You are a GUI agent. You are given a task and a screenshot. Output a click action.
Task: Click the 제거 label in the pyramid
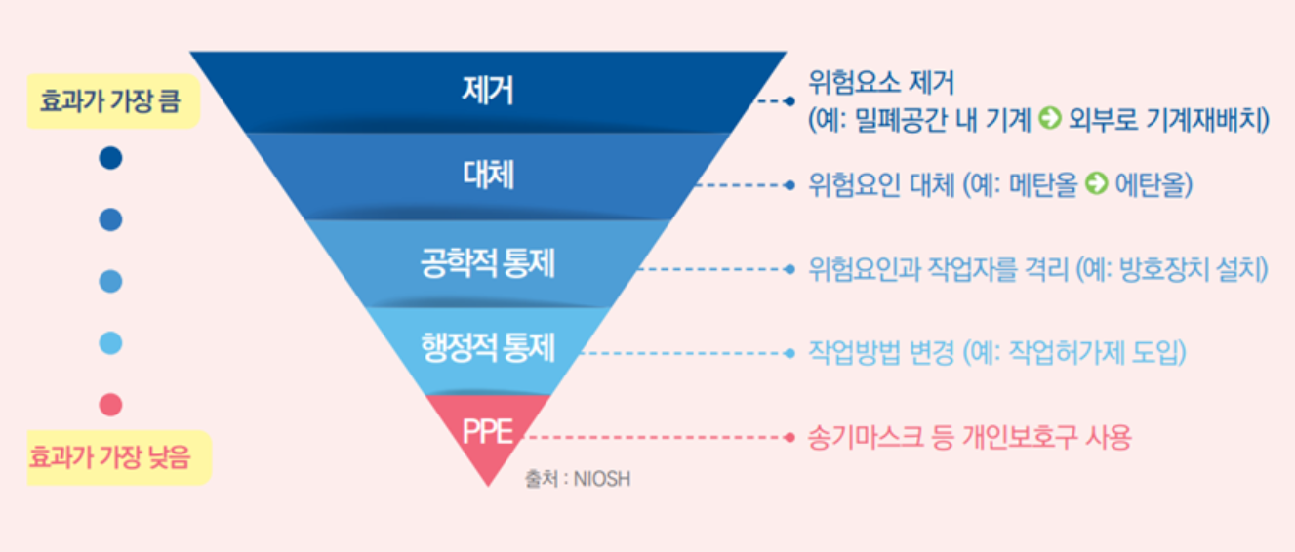[x=488, y=90]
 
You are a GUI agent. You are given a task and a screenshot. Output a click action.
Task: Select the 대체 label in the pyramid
[x=488, y=176]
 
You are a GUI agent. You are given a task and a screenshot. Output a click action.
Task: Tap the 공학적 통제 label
[x=488, y=263]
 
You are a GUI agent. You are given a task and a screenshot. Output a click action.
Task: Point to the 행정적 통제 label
[x=488, y=346]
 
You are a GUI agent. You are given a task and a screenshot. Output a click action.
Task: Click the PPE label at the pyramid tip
[x=488, y=431]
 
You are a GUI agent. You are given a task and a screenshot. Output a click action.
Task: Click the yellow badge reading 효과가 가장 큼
[x=111, y=102]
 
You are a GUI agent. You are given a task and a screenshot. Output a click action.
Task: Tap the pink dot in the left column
[x=110, y=404]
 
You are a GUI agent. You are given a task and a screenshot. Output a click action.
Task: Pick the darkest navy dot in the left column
[x=110, y=158]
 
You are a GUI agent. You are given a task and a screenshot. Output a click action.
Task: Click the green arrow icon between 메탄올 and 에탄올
[x=1096, y=185]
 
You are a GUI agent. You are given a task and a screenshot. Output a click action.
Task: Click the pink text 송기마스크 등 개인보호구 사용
[x=969, y=438]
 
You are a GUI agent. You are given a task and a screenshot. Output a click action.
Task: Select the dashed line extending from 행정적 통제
[x=683, y=352]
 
